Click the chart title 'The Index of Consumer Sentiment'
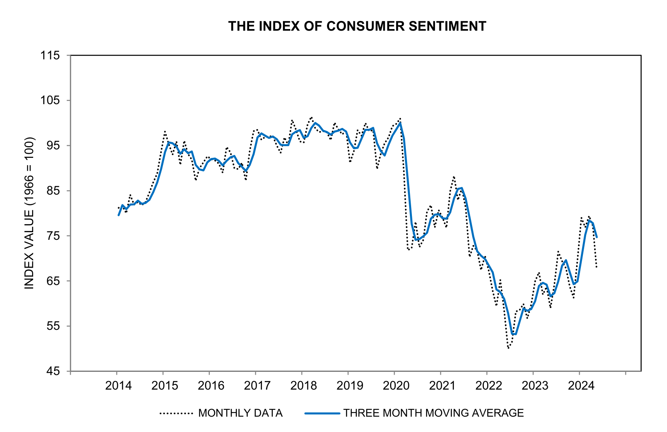pyautogui.click(x=357, y=26)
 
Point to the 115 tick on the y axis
pyautogui.click(x=50, y=55)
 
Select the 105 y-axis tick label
pyautogui.click(x=50, y=101)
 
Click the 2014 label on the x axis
pyautogui.click(x=118, y=386)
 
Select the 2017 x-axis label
pyautogui.click(x=257, y=386)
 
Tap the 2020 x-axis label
pyautogui.click(x=396, y=386)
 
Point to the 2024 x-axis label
pyautogui.click(x=581, y=386)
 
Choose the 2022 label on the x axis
pyautogui.click(x=488, y=386)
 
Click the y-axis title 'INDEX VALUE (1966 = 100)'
pyautogui.click(x=30, y=213)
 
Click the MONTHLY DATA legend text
pyautogui.click(x=240, y=413)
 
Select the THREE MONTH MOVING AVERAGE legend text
pyautogui.click(x=433, y=413)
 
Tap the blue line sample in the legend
pyautogui.click(x=322, y=413)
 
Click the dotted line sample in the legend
pyautogui.click(x=176, y=413)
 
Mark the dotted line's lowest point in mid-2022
pyautogui.click(x=508, y=348)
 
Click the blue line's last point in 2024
pyautogui.click(x=597, y=237)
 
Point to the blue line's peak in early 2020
pyautogui.click(x=400, y=123)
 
